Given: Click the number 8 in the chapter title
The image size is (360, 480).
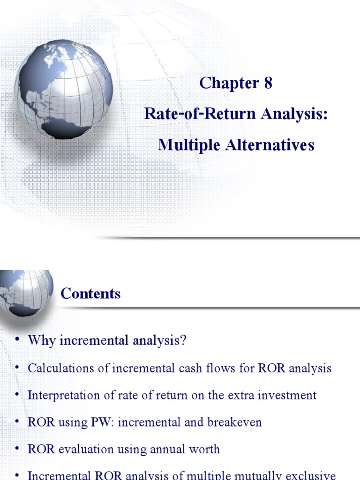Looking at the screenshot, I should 267,83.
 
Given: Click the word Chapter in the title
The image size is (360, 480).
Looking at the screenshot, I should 229,83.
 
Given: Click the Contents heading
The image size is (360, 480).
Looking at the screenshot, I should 90,293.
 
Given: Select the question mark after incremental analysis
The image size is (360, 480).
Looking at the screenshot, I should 184,340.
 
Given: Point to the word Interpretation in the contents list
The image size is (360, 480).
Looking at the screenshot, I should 62,395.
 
